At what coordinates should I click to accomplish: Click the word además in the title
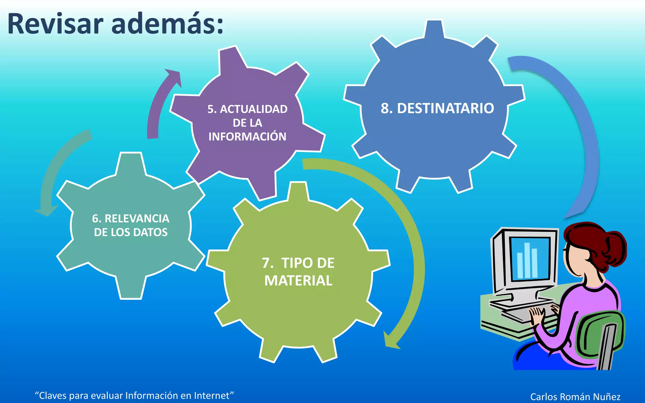click(167, 24)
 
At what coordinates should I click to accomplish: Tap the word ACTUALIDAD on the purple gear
click(254, 109)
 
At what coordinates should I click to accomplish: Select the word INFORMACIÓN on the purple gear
click(247, 137)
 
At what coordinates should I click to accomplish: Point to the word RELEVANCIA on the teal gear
click(137, 219)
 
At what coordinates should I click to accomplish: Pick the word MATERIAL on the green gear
click(298, 281)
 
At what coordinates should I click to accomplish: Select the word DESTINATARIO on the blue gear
click(445, 108)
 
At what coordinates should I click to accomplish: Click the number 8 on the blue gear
click(385, 108)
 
